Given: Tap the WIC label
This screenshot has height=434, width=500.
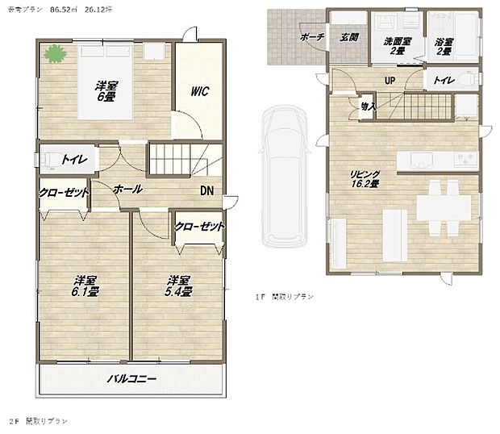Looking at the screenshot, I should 200,91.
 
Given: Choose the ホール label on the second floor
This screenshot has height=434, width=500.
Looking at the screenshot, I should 128,190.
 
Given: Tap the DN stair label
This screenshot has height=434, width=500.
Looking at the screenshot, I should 207,191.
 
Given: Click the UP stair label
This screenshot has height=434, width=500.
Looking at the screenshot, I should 389,81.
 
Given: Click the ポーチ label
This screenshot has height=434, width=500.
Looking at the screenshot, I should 311,37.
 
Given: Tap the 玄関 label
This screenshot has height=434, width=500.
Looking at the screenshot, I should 348,37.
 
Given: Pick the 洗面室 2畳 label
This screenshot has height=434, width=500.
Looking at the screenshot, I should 396,46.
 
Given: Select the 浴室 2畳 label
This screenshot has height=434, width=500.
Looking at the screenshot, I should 444,46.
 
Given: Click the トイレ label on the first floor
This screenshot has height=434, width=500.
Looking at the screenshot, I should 444,81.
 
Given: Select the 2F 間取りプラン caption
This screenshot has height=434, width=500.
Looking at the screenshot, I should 40,422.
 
